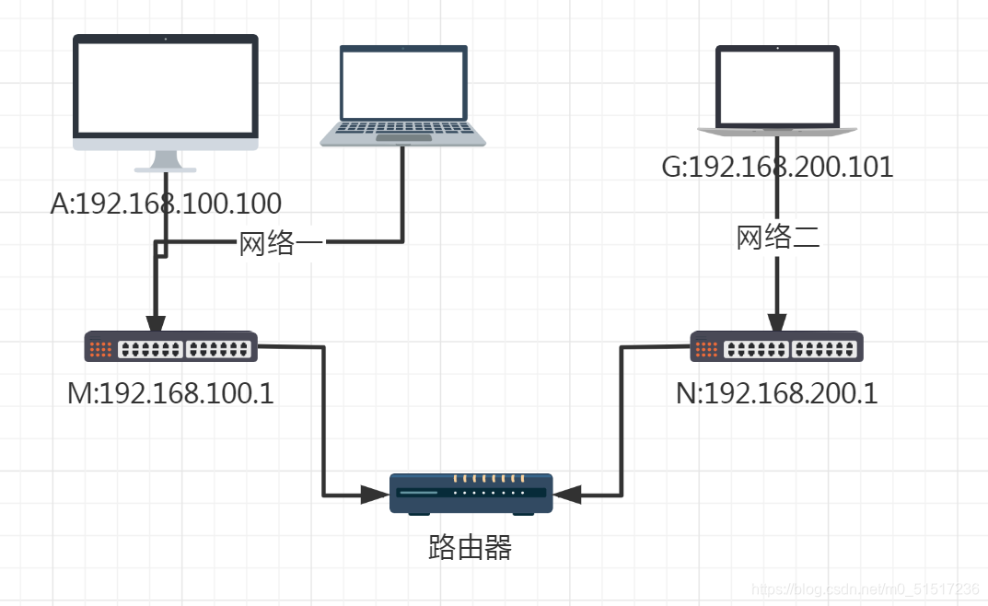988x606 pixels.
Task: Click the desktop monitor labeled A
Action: coord(166,92)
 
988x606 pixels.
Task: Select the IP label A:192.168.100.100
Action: coord(166,204)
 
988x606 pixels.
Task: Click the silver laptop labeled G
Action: coord(778,88)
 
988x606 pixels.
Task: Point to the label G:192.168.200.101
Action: coord(778,168)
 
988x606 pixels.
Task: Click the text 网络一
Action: coord(280,244)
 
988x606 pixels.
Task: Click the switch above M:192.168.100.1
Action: coord(171,348)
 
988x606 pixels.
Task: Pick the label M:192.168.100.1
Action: coord(170,394)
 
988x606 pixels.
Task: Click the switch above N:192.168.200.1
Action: coord(778,348)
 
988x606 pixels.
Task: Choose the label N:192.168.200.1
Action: coord(777,394)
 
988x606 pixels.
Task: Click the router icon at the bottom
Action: coord(471,494)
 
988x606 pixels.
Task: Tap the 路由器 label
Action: coord(471,548)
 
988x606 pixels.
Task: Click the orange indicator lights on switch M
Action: coord(101,349)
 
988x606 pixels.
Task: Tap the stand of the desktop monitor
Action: coord(165,162)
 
